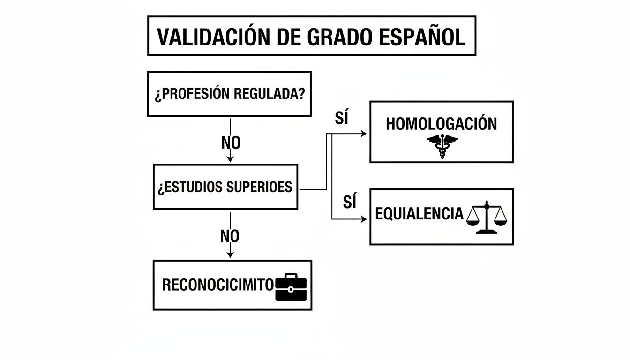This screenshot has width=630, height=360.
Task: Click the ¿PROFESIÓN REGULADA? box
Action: [x=229, y=94]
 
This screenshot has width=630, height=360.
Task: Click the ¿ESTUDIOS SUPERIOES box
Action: [x=225, y=187]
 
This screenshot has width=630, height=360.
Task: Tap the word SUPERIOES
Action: [x=259, y=187]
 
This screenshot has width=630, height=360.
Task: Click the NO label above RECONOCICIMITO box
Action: [x=230, y=236]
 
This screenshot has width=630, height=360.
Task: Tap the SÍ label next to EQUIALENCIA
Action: [x=349, y=202]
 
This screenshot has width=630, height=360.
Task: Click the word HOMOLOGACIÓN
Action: [x=441, y=124]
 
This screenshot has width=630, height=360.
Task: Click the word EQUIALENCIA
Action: [x=419, y=214]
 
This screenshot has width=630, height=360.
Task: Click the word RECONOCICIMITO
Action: [x=217, y=285]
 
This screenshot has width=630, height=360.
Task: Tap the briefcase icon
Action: [x=291, y=287]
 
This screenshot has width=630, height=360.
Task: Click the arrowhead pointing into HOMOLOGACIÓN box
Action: [x=364, y=134]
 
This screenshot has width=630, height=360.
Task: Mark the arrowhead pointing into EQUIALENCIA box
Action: [x=364, y=219]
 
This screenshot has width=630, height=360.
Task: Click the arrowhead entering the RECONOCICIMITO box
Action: [x=230, y=255]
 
